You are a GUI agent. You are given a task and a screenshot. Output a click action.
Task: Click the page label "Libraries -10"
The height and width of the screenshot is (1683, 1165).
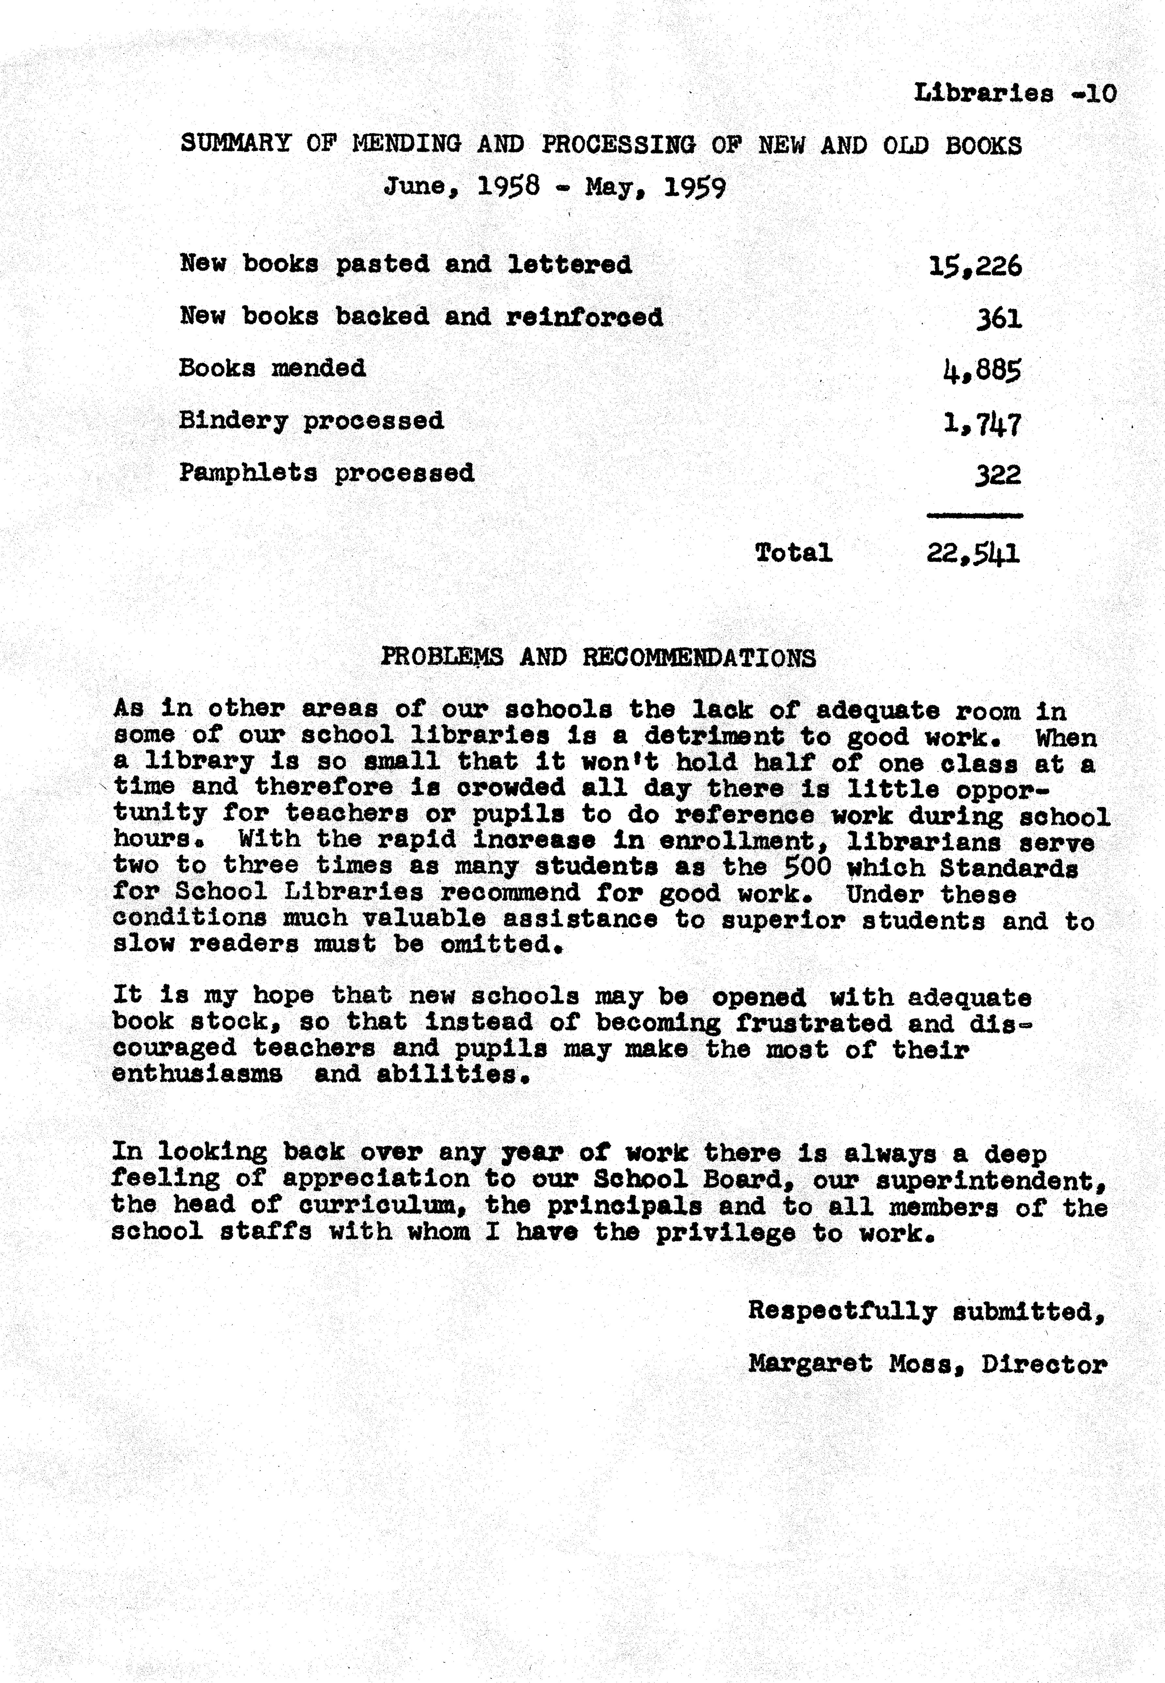[x=1015, y=93]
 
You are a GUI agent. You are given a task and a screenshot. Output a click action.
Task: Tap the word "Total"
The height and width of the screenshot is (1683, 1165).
[x=793, y=553]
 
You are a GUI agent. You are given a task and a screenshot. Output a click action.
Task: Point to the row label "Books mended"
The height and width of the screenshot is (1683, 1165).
[x=272, y=368]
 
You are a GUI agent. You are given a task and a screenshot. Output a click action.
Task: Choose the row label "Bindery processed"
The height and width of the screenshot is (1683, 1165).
[x=311, y=421]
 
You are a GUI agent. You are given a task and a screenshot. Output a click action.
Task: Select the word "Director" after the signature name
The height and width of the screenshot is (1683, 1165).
[x=1044, y=1363]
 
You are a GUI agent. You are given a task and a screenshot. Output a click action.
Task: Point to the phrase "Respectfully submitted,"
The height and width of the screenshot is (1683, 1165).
[x=926, y=1311]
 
